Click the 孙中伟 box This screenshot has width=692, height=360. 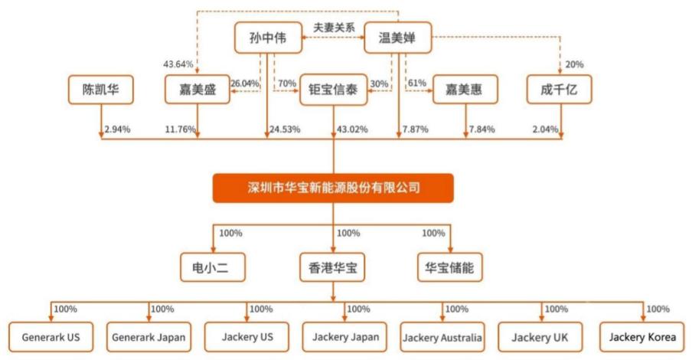[268, 38]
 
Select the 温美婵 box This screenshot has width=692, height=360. [397, 38]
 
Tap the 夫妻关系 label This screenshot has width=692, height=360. [334, 28]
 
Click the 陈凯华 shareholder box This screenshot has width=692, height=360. [100, 90]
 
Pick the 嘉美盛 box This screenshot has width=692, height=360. [197, 90]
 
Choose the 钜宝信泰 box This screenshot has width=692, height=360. [333, 90]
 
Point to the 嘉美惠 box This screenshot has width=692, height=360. [465, 90]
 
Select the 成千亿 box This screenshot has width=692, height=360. [559, 90]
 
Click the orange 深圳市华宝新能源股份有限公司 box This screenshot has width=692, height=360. [333, 188]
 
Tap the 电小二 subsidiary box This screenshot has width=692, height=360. [213, 267]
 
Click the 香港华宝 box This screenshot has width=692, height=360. [332, 267]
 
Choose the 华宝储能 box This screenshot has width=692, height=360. [450, 267]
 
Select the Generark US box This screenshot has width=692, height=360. [51, 337]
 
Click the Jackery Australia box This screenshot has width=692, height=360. [442, 338]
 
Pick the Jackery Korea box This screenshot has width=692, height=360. [642, 337]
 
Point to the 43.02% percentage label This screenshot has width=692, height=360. [352, 129]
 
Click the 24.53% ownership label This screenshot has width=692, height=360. [285, 129]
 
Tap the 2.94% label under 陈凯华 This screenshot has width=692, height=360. [117, 129]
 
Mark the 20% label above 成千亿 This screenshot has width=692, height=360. [574, 64]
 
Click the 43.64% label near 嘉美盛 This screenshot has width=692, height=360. [178, 64]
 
